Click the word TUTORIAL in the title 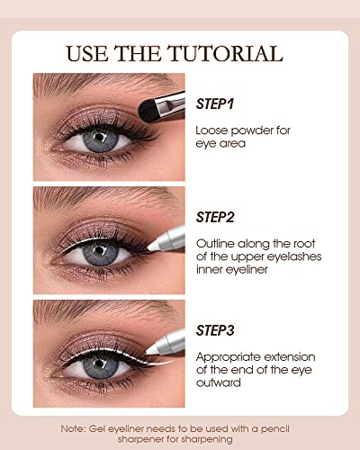pos(225,54)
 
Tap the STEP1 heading pos(215,103)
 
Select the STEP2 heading pos(215,217)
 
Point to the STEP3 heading pos(215,330)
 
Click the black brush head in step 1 pos(148,111)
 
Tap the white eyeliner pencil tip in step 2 pos(154,247)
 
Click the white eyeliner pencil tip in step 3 pos(152,349)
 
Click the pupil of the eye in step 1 pos(99,138)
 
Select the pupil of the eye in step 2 pos(99,251)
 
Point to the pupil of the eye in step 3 pos(99,364)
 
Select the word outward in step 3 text pos(219,382)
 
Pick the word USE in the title pos(86,54)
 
